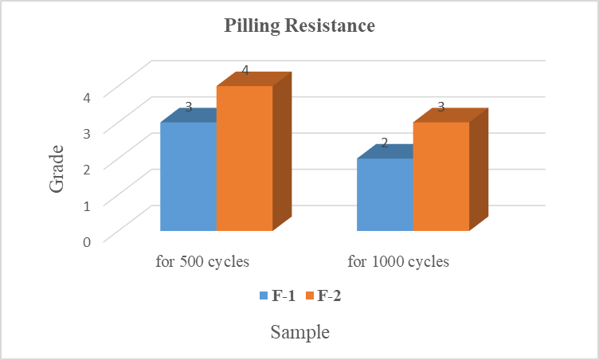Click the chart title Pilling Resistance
(x=299, y=26)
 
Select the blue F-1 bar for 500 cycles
(x=189, y=176)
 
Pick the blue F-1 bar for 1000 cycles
(x=385, y=194)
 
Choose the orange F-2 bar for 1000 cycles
(x=440, y=176)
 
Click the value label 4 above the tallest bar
(x=245, y=70)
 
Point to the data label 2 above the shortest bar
(x=384, y=143)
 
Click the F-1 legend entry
(x=284, y=295)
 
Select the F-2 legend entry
(x=330, y=295)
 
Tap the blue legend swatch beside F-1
(x=264, y=296)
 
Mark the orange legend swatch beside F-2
(x=310, y=296)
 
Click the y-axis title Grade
(x=57, y=168)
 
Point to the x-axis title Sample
(x=299, y=331)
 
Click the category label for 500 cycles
(x=203, y=261)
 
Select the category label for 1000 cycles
(x=398, y=261)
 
